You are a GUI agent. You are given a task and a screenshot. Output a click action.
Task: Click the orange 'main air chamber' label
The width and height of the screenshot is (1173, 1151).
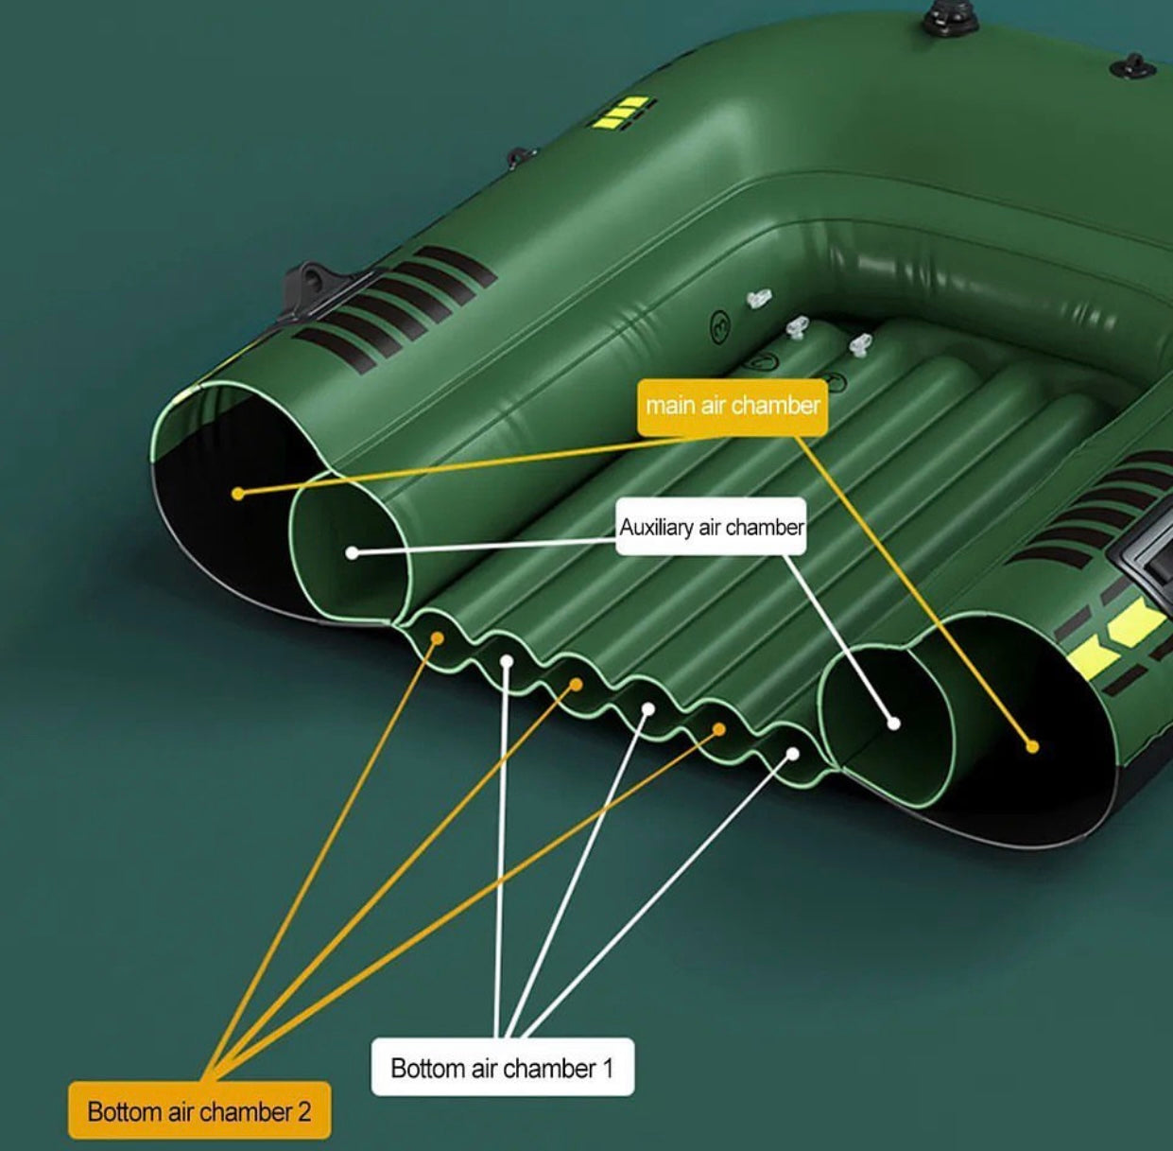point(733,408)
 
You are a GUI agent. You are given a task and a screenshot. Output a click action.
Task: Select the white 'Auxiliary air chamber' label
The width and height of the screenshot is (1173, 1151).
point(711,527)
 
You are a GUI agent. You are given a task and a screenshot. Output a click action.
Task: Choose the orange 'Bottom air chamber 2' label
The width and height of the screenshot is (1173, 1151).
point(199,1111)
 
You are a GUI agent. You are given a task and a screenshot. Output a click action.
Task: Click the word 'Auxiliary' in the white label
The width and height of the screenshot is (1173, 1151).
point(656,527)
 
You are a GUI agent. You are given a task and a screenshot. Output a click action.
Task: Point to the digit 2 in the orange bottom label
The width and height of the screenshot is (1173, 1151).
point(303,1112)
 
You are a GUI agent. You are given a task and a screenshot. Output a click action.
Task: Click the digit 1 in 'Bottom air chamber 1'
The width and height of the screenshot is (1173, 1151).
point(607,1069)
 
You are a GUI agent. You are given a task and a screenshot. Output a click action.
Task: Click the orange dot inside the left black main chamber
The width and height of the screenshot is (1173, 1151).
point(238,494)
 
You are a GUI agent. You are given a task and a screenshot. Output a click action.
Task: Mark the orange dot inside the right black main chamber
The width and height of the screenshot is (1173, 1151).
point(1032,746)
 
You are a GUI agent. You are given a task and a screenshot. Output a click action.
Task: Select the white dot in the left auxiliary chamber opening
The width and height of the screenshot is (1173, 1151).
point(352,552)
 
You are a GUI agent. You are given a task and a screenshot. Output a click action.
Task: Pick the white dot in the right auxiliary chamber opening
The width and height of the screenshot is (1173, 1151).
point(893,724)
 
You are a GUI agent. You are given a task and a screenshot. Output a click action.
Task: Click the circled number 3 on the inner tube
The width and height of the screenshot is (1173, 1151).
point(720,328)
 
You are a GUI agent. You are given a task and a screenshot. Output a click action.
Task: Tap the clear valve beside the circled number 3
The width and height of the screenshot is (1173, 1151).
point(758,298)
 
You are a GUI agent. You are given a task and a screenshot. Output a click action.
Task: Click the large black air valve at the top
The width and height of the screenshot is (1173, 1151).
point(941,18)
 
